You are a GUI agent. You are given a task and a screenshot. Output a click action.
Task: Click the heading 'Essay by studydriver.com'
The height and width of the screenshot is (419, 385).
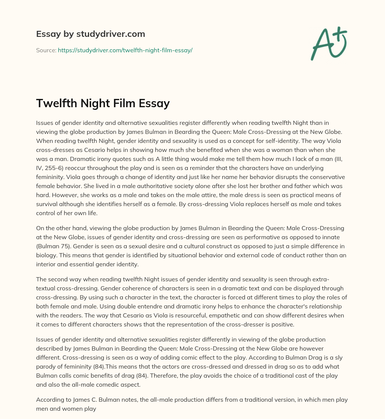point(90,34)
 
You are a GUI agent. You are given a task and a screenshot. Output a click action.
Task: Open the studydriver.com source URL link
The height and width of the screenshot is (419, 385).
point(125,50)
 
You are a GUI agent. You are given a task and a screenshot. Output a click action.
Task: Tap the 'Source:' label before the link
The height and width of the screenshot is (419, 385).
point(46,50)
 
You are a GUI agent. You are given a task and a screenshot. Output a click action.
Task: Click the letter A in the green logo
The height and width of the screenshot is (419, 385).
point(322,45)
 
